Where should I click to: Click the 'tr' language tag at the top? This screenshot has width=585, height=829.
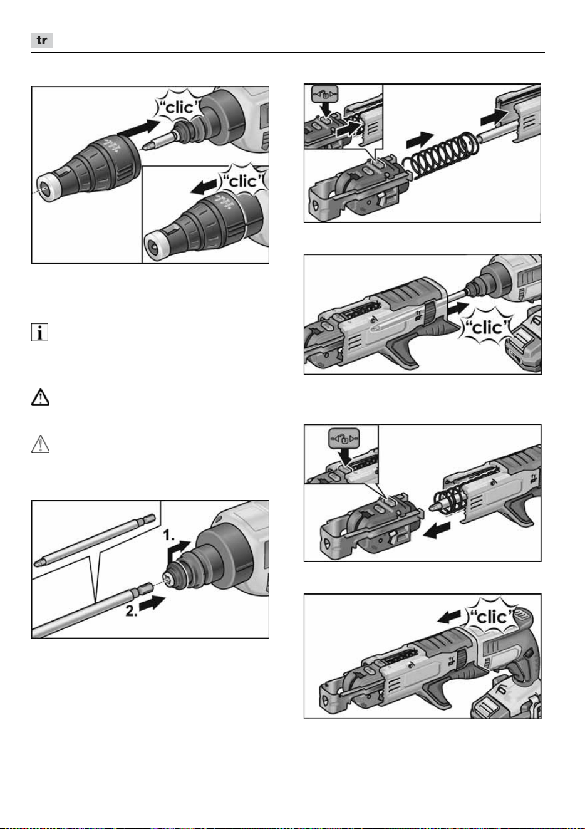42,40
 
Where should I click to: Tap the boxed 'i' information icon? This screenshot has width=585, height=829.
39,332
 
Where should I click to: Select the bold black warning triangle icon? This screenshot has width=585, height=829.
40,397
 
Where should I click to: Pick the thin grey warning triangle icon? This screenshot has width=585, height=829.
40,444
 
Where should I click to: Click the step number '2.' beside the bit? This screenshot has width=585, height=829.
132,610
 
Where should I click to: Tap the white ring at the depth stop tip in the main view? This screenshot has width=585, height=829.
48,189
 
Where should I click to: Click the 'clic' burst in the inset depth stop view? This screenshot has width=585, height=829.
242,181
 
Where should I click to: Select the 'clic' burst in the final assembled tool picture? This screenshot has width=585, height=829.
492,617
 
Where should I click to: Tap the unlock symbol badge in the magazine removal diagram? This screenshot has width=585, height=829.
344,438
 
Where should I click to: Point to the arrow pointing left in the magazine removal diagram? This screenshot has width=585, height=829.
437,530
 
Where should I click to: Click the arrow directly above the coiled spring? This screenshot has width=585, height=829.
420,140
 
